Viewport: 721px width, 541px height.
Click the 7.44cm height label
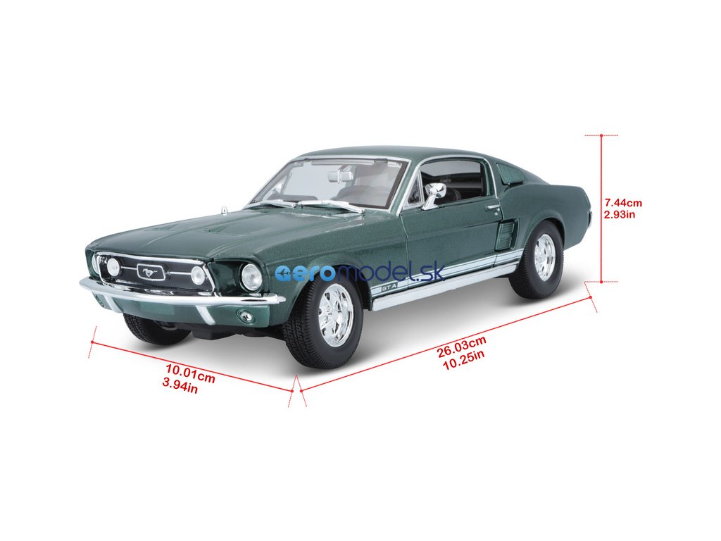[x=623, y=203]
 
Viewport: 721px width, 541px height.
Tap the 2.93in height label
[x=620, y=214]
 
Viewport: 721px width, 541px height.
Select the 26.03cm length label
[x=462, y=343]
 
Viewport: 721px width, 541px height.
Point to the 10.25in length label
[x=461, y=354]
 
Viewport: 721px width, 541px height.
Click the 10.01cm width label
[x=190, y=373]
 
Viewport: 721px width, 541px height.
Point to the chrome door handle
[x=493, y=207]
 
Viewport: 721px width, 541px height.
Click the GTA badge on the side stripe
[x=389, y=287]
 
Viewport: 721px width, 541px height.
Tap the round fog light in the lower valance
[x=245, y=316]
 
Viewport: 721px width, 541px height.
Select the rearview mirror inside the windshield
[x=340, y=175]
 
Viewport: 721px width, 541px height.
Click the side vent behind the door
[x=506, y=234]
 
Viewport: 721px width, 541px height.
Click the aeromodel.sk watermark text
[x=359, y=273]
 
